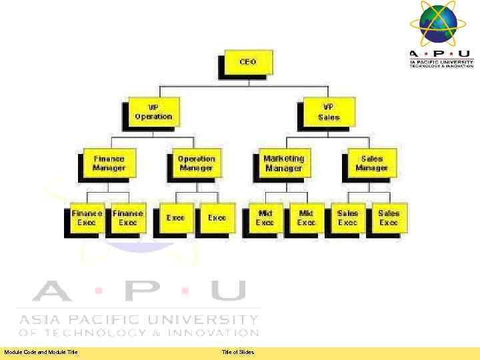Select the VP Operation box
153,111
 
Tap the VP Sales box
329,111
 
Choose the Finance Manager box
109,163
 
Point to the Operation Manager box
196,163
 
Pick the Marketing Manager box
283,163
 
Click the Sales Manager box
371,163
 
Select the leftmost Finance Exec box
87,218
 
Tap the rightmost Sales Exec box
389,218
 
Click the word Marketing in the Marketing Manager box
283,159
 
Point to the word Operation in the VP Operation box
153,117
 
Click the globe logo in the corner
437,24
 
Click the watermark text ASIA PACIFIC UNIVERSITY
138,319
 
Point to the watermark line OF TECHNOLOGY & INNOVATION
138,332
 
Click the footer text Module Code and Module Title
41,352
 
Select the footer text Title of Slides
238,352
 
